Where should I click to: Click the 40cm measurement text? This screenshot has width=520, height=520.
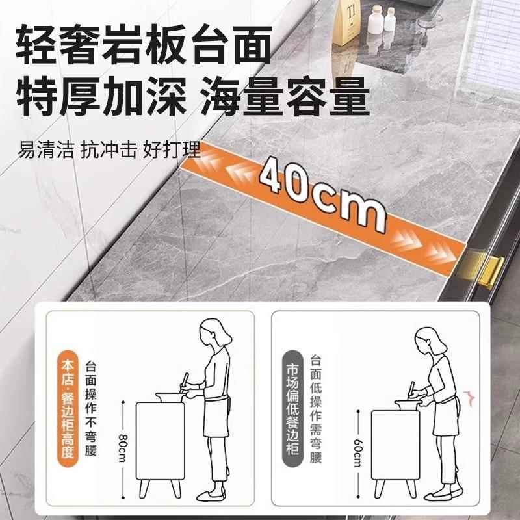coord(320,192)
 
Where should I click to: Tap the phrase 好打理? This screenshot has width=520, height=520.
coord(171,152)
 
